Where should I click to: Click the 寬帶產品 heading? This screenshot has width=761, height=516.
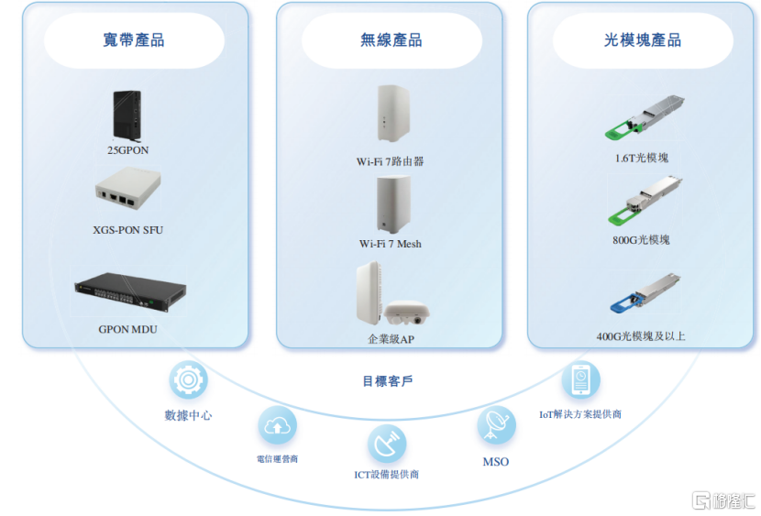134,40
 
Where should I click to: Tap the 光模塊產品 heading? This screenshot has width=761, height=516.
642,40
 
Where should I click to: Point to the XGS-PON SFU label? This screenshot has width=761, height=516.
128,230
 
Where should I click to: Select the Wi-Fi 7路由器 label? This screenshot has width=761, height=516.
391,161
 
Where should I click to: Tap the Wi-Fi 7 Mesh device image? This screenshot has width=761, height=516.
390,204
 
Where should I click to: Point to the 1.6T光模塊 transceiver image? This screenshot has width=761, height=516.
641,118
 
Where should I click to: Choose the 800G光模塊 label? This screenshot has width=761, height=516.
642,240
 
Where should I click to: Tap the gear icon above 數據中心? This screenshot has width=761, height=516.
188,380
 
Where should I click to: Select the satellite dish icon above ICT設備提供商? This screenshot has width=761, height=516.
387,444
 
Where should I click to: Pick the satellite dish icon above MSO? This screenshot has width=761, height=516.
496,425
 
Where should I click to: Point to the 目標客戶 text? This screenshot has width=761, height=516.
387,380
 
